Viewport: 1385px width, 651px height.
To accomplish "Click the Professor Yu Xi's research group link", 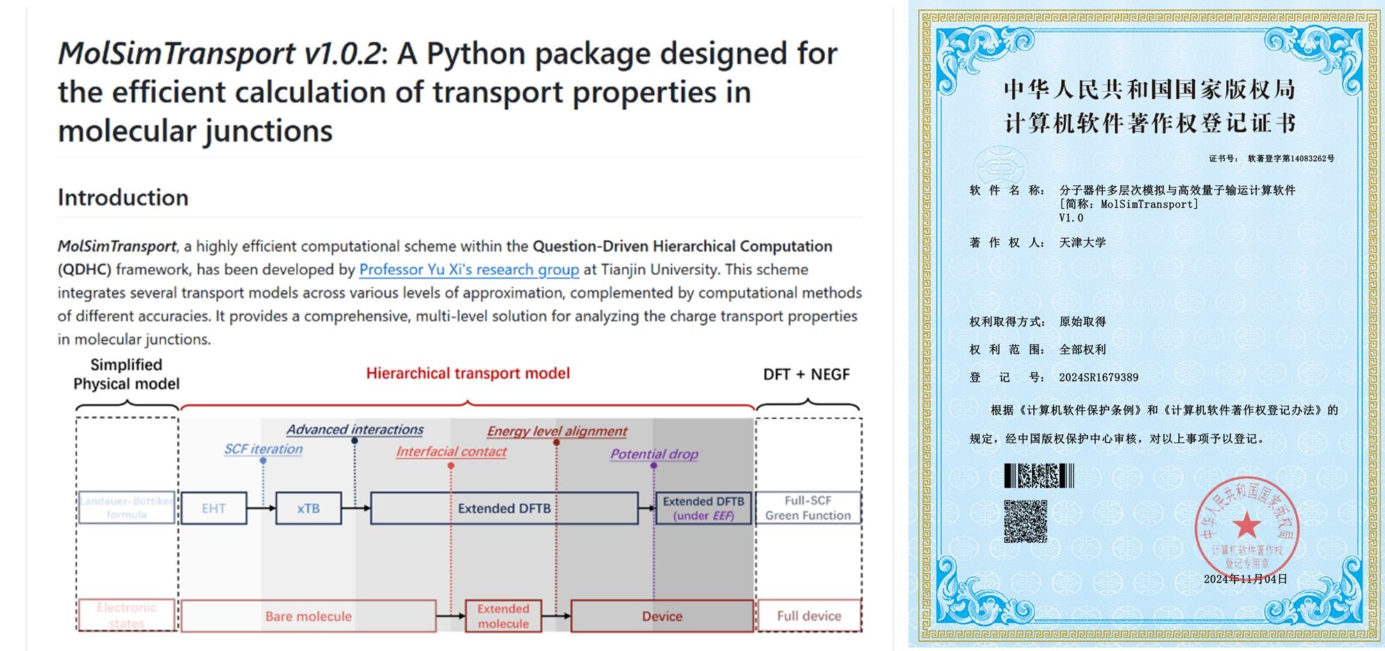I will (x=469, y=269).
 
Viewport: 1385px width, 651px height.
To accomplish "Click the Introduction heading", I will (x=123, y=198).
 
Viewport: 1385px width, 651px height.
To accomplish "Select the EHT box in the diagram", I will (x=214, y=508).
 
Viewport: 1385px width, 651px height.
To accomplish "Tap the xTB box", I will (x=309, y=508).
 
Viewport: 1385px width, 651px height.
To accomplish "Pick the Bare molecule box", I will (x=309, y=616).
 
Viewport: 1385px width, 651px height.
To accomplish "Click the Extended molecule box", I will (x=503, y=616).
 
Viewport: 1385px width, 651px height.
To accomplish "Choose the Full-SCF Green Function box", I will (x=808, y=508).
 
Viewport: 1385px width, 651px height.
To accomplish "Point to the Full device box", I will (x=809, y=616).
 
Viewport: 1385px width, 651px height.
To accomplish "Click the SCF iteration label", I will (x=263, y=449).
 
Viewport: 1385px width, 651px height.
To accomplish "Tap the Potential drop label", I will (x=654, y=454).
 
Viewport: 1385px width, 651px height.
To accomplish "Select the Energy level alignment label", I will (x=557, y=431).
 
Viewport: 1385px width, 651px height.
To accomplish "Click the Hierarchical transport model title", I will (x=468, y=373).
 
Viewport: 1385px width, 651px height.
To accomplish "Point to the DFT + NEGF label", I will (x=806, y=375).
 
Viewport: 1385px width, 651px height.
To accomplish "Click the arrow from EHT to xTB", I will (x=261, y=508).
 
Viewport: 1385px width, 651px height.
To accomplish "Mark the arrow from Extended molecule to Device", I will (x=556, y=616).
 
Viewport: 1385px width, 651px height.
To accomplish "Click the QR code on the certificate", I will (x=1026, y=521).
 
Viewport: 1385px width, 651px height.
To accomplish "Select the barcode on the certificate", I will (x=1039, y=476).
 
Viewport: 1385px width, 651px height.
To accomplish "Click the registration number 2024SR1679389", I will (x=1099, y=377).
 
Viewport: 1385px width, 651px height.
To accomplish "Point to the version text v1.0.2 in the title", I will (x=340, y=54).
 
